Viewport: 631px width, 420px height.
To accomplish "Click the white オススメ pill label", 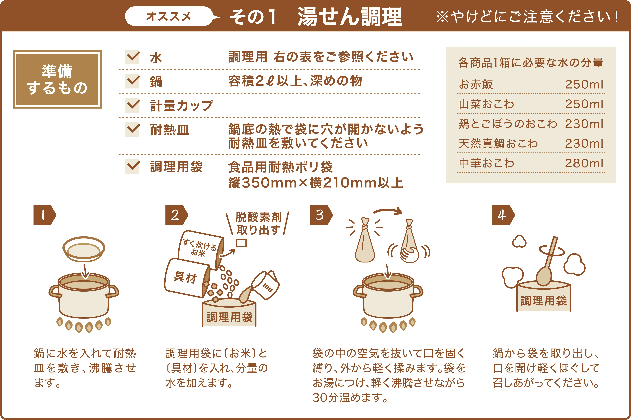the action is (169, 16).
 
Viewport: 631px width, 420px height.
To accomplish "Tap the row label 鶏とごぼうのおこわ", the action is (508, 124).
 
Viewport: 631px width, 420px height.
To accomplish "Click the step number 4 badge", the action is (503, 215).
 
